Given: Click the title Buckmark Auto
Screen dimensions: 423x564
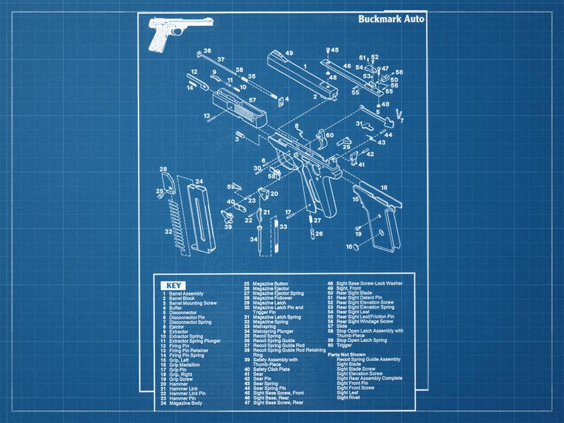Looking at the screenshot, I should pos(391,19).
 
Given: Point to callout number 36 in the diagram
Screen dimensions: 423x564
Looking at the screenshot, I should pos(207,51).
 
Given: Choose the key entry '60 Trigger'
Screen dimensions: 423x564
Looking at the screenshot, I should pos(345,345).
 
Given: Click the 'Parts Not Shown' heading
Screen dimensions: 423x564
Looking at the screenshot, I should pos(347,354).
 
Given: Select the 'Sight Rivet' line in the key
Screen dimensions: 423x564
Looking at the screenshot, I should pos(349,398).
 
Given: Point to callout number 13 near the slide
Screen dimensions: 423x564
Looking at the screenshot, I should pos(207,116).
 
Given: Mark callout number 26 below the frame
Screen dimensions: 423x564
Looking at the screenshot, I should pos(319,234).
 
